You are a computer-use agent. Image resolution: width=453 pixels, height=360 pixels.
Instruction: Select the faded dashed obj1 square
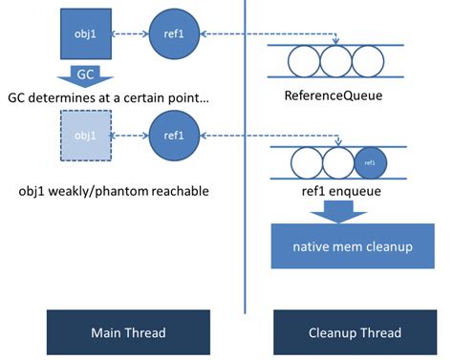click(x=86, y=135)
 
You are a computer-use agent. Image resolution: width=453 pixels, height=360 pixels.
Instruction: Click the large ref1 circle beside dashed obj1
click(x=173, y=135)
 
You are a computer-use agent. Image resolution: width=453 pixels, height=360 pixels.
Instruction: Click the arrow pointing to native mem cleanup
click(x=334, y=212)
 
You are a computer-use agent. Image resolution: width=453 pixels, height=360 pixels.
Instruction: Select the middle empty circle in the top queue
click(x=336, y=62)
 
